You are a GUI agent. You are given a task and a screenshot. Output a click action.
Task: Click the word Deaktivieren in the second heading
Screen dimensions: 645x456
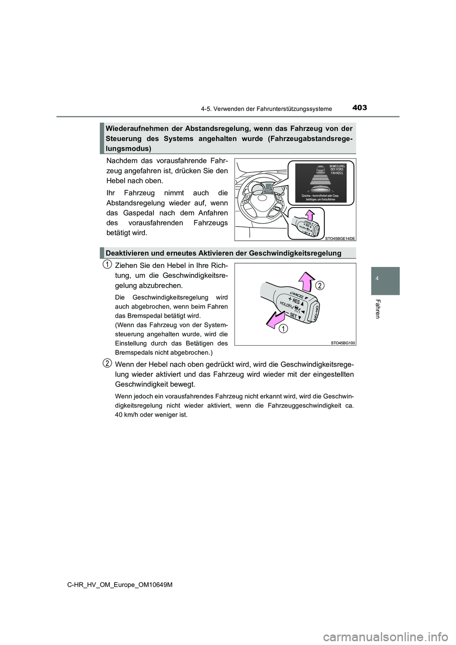[x=126, y=253]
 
